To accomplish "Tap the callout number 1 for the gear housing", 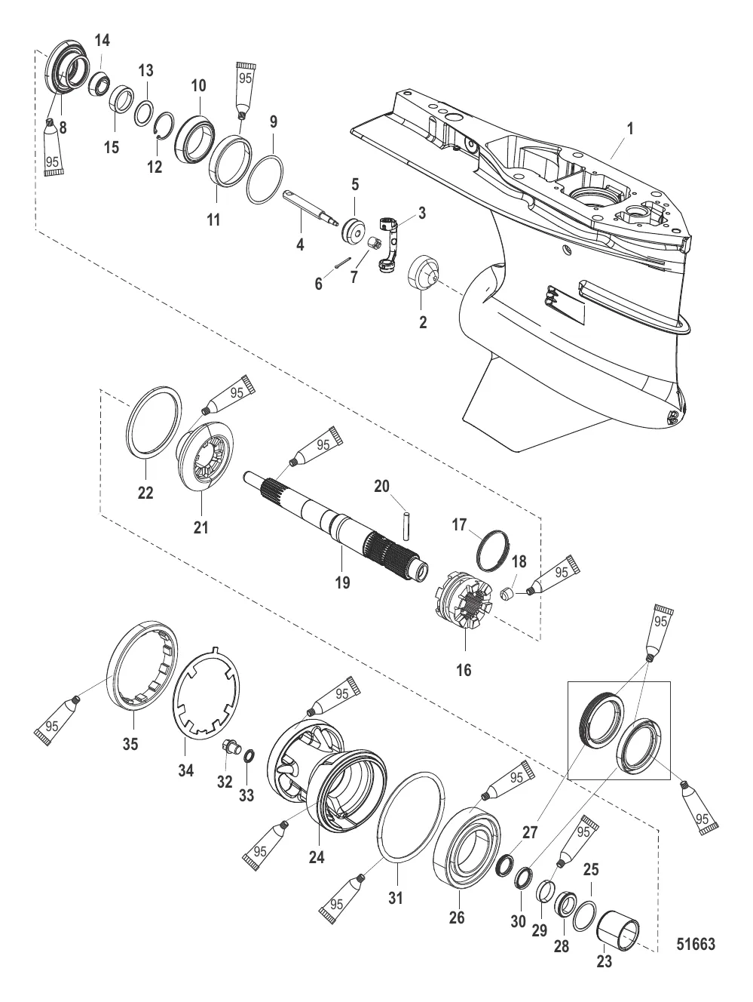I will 630,128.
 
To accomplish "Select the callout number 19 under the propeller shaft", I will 343,582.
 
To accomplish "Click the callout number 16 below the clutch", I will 464,669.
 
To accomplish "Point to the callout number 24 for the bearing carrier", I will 317,857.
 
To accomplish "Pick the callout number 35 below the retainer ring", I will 130,745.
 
